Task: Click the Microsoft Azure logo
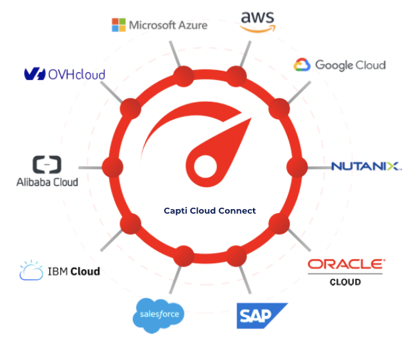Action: pyautogui.click(x=159, y=25)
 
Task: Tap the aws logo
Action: pyautogui.click(x=257, y=21)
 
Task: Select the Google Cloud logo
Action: pyautogui.click(x=339, y=65)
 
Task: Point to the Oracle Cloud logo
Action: pyautogui.click(x=345, y=271)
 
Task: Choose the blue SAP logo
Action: pyautogui.click(x=262, y=315)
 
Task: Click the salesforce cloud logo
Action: pyautogui.click(x=158, y=314)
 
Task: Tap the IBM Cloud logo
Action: pyautogui.click(x=60, y=271)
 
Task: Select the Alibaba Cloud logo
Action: pyautogui.click(x=47, y=171)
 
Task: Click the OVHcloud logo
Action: pyautogui.click(x=65, y=74)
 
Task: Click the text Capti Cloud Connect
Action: pyautogui.click(x=210, y=210)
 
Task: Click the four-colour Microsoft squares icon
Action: pyautogui.click(x=118, y=25)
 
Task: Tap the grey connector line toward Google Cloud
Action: pyautogui.click(x=300, y=91)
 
